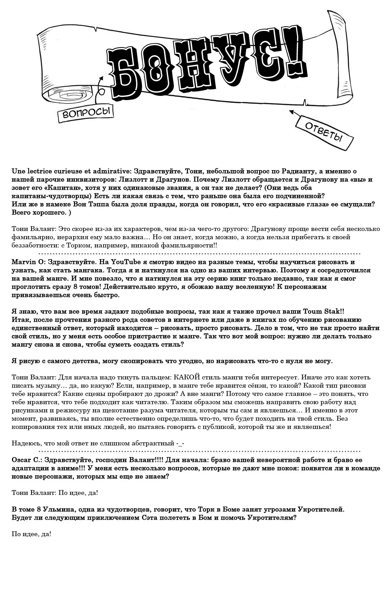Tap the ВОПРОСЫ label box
coord(86,113)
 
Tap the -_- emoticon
coord(181,443)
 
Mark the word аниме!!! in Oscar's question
coord(68,468)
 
